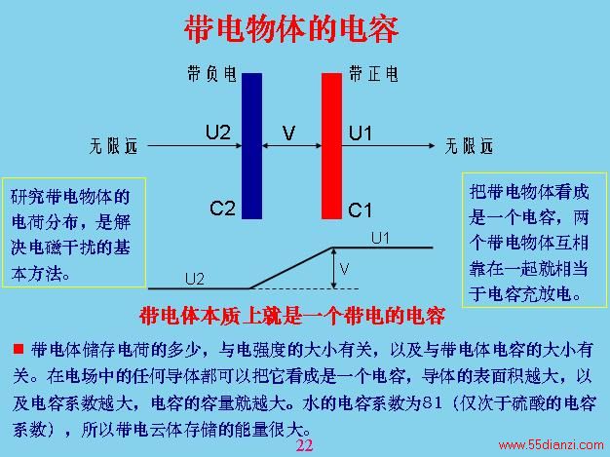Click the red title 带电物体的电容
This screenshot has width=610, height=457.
[x=291, y=29]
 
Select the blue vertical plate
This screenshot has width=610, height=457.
[x=251, y=146]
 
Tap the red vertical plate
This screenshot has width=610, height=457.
[x=331, y=146]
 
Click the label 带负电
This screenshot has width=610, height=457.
[x=211, y=73]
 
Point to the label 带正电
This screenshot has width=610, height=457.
[x=373, y=73]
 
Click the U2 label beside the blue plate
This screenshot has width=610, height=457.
[x=218, y=133]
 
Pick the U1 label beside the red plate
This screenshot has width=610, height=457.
[x=361, y=133]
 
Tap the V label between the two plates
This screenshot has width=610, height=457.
[x=288, y=133]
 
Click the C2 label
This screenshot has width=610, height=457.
[x=222, y=209]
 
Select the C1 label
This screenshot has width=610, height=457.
[x=360, y=210]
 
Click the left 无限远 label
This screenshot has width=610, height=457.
[x=113, y=146]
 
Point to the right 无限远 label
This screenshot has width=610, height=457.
[x=469, y=146]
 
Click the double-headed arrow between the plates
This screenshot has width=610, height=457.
[x=291, y=146]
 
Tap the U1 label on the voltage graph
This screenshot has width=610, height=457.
[x=380, y=238]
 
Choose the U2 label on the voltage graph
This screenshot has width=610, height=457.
[x=195, y=279]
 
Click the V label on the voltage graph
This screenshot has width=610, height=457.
[x=344, y=269]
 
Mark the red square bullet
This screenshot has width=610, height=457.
[x=19, y=349]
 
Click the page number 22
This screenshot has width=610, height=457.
[x=304, y=445]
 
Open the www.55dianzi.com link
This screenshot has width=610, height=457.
[x=551, y=445]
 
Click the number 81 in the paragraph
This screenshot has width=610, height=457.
[x=433, y=403]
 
